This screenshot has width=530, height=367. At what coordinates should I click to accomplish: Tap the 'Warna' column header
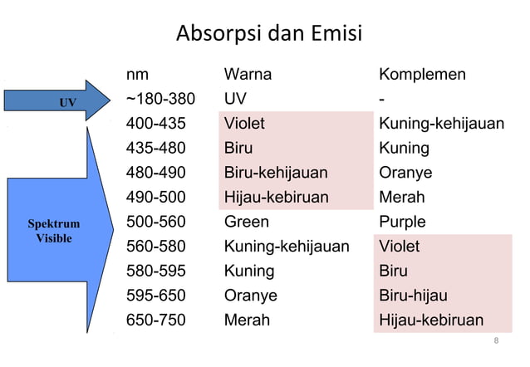click(x=248, y=75)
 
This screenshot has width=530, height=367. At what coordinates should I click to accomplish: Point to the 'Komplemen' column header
click(x=422, y=75)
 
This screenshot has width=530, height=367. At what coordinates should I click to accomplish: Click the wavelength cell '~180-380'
click(x=160, y=100)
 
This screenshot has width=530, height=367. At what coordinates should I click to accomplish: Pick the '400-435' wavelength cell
click(x=155, y=124)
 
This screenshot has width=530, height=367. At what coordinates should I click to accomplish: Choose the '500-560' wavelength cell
click(x=155, y=222)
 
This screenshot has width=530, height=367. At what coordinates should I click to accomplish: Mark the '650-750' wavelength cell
click(x=155, y=320)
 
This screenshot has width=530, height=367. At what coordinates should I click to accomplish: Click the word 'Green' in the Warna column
click(x=247, y=222)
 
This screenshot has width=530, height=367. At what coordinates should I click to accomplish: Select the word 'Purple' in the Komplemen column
click(x=402, y=222)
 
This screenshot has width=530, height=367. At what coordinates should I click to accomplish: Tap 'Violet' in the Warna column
click(x=244, y=124)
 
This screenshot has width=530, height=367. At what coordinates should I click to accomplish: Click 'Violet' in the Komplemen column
click(x=400, y=247)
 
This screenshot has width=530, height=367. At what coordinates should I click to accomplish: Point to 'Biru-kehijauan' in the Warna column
click(x=276, y=173)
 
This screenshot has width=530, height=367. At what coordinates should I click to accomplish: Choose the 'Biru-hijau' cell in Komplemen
click(x=413, y=296)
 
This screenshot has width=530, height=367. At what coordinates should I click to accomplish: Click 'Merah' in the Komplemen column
click(x=402, y=198)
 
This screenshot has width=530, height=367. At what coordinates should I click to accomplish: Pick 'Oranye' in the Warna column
click(x=251, y=296)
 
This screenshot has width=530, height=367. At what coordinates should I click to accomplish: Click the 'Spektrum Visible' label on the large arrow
click(x=54, y=232)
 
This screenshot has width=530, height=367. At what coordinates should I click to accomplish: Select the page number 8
click(x=496, y=341)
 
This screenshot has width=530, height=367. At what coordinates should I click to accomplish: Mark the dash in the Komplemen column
click(x=381, y=100)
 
